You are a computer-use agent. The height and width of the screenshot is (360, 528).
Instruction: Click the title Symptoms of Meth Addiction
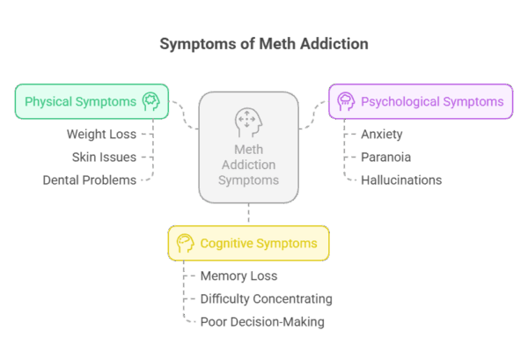[x=264, y=43]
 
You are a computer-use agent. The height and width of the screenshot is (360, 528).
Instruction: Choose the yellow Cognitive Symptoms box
[x=248, y=242]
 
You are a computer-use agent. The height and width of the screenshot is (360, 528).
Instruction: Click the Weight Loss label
[x=101, y=134]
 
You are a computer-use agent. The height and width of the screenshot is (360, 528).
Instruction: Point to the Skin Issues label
[x=104, y=157]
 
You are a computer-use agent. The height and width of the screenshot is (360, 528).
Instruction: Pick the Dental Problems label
[x=91, y=180]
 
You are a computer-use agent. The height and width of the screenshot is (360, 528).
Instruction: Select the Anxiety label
[x=382, y=134]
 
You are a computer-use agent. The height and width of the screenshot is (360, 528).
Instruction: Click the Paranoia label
[x=385, y=157]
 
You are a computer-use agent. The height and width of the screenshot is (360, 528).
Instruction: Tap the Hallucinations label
[x=401, y=180]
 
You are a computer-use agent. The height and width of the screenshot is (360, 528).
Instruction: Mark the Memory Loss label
[x=239, y=276]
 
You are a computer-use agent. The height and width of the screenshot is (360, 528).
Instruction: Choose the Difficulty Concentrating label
[x=266, y=298]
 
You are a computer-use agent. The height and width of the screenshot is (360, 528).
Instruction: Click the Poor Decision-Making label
[x=262, y=321]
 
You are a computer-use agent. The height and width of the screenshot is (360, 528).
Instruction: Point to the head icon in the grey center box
[x=249, y=121]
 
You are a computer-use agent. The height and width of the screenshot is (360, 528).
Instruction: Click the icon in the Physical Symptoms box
[x=150, y=101]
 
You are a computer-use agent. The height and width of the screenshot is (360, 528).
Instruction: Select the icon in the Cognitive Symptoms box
[x=185, y=242]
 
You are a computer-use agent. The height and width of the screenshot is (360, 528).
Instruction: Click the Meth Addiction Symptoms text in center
[x=249, y=165]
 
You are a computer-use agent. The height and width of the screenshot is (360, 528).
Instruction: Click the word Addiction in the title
[x=331, y=43]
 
